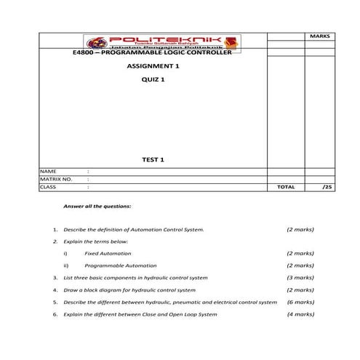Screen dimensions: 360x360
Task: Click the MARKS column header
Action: (319, 35)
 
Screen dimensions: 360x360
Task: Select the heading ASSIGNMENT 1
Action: (152, 66)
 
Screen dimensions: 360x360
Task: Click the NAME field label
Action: (48, 170)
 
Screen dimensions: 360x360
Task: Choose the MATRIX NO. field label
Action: (55, 178)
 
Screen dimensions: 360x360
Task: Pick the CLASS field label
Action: (49, 187)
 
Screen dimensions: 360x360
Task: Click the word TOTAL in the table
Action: (286, 187)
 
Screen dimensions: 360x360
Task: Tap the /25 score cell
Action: (326, 187)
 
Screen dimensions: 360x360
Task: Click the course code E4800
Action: (85, 53)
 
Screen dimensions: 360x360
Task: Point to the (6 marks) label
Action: (300, 301)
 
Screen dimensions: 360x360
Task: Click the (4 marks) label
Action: (300, 313)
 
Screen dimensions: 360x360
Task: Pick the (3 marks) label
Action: (300, 277)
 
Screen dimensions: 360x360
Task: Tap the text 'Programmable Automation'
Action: (119, 265)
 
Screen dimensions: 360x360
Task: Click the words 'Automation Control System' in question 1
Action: (173, 229)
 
